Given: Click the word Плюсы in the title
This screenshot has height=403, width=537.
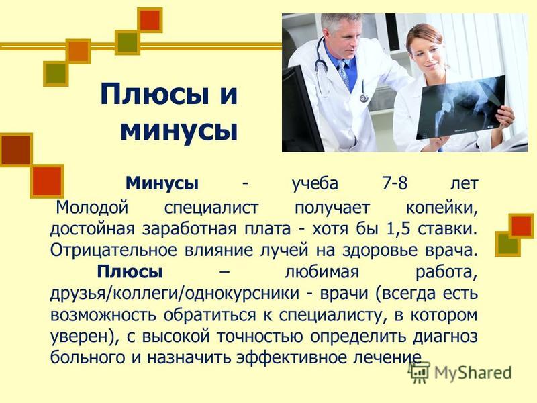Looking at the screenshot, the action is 154,95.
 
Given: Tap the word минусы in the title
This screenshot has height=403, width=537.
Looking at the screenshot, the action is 179,130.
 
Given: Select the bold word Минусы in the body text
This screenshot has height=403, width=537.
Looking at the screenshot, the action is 162,183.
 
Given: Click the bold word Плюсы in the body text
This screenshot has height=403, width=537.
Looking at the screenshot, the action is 130,272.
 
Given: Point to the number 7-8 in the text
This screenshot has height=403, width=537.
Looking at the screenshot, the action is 395,183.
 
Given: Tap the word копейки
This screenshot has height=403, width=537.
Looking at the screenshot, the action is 442,208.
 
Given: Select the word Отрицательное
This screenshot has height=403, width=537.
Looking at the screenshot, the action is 113,250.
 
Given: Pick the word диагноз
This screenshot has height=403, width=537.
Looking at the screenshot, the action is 445,337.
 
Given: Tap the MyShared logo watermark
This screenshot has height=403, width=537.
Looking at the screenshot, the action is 460,372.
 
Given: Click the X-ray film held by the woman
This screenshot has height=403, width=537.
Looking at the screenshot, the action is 461,107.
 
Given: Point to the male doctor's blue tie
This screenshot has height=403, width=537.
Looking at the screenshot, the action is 344,75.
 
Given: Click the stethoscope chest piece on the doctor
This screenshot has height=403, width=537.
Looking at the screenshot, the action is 364,98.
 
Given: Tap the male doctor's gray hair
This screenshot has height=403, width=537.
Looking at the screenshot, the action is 341,21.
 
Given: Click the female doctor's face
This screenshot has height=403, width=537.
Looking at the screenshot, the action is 426,57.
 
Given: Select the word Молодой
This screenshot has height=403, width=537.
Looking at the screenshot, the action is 92,208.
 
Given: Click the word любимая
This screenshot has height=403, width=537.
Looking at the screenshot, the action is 322,273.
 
